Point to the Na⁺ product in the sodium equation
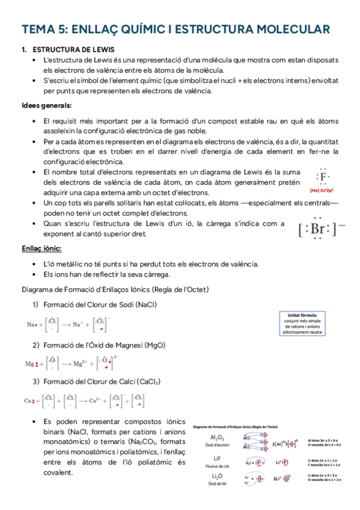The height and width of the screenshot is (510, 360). click(x=80, y=325)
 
